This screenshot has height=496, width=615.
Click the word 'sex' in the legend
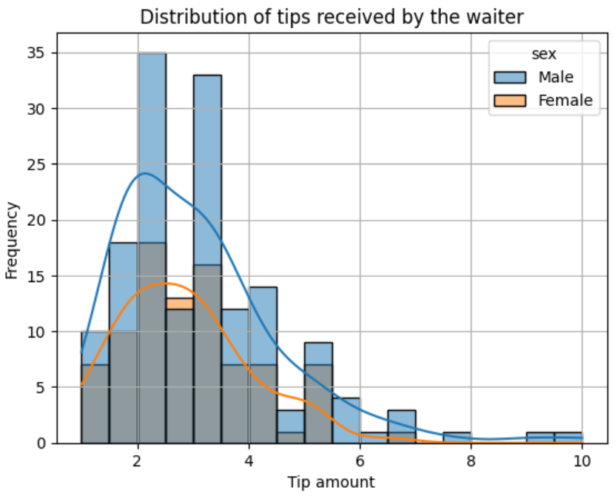click(x=544, y=54)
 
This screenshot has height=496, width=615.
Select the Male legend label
click(x=556, y=77)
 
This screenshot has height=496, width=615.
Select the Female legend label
click(x=565, y=101)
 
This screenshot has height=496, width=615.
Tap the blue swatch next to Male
click(x=510, y=77)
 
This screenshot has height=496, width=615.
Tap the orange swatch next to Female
click(x=510, y=101)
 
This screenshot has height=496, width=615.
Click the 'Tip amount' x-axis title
click(x=332, y=482)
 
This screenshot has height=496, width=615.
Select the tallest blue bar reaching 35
click(x=152, y=148)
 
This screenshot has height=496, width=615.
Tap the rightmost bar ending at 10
click(x=568, y=438)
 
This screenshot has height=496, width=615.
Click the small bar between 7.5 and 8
click(x=457, y=438)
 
